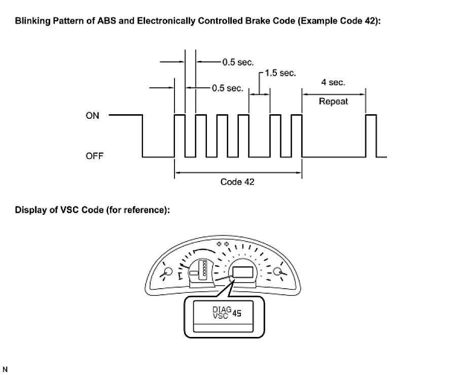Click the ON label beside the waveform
pyautogui.click(x=92, y=116)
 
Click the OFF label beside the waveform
pyautogui.click(x=94, y=156)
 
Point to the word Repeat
pyautogui.click(x=333, y=101)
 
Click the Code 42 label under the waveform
pyautogui.click(x=237, y=182)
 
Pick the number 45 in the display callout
pyautogui.click(x=236, y=314)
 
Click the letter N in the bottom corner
pyautogui.click(x=6, y=368)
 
